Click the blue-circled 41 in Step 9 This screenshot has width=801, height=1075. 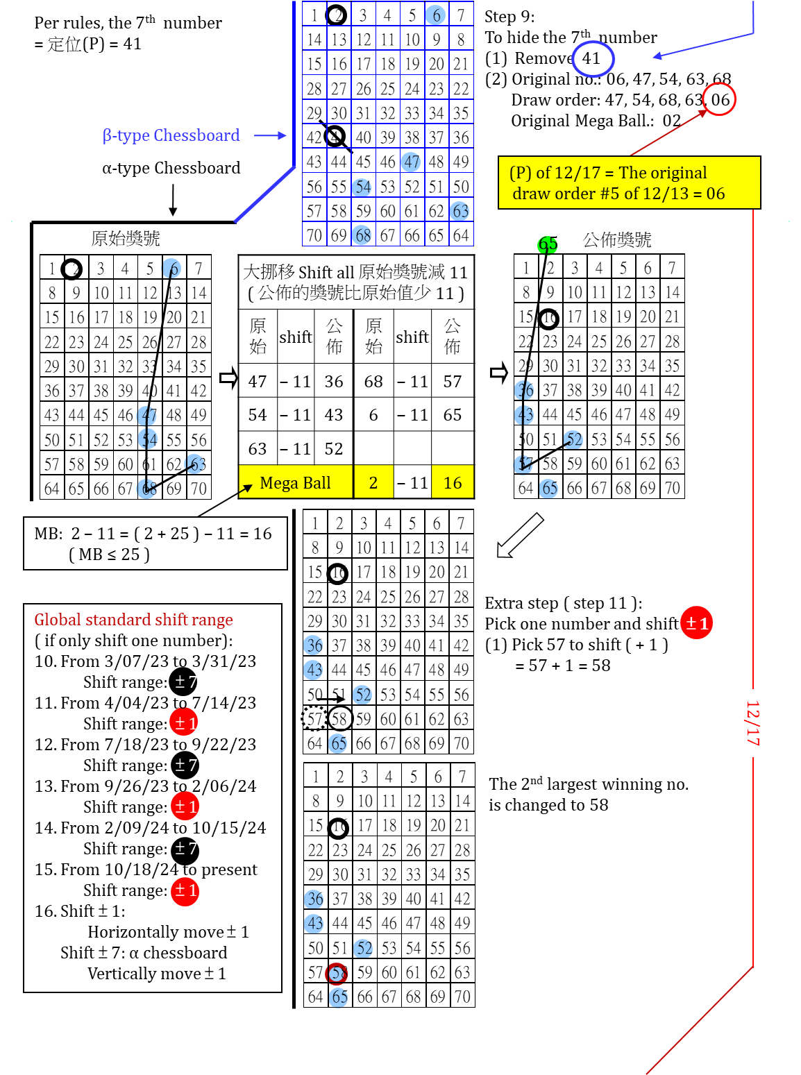tap(592, 58)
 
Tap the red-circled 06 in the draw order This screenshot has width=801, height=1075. tap(719, 100)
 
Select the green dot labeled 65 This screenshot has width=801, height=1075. tap(547, 244)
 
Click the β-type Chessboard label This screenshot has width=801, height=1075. tap(171, 135)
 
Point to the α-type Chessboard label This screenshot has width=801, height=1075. tap(171, 168)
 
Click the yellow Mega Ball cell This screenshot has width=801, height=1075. tap(295, 482)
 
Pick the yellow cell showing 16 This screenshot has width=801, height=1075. tap(453, 482)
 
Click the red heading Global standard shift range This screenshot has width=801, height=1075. tap(133, 620)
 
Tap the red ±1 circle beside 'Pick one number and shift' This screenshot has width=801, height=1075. tap(696, 623)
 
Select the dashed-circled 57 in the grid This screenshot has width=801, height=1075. tap(314, 719)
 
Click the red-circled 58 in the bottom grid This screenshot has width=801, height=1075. tap(338, 973)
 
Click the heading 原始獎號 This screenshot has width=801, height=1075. tap(126, 239)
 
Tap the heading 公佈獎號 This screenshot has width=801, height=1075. tap(617, 240)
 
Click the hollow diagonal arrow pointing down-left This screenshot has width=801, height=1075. tap(519, 535)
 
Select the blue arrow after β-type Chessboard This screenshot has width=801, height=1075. tap(270, 135)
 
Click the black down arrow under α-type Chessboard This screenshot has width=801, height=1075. tap(173, 201)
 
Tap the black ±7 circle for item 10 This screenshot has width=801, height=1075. tap(183, 682)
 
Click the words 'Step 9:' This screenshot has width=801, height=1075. tap(509, 17)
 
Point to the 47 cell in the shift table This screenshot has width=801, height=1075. tap(258, 381)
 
